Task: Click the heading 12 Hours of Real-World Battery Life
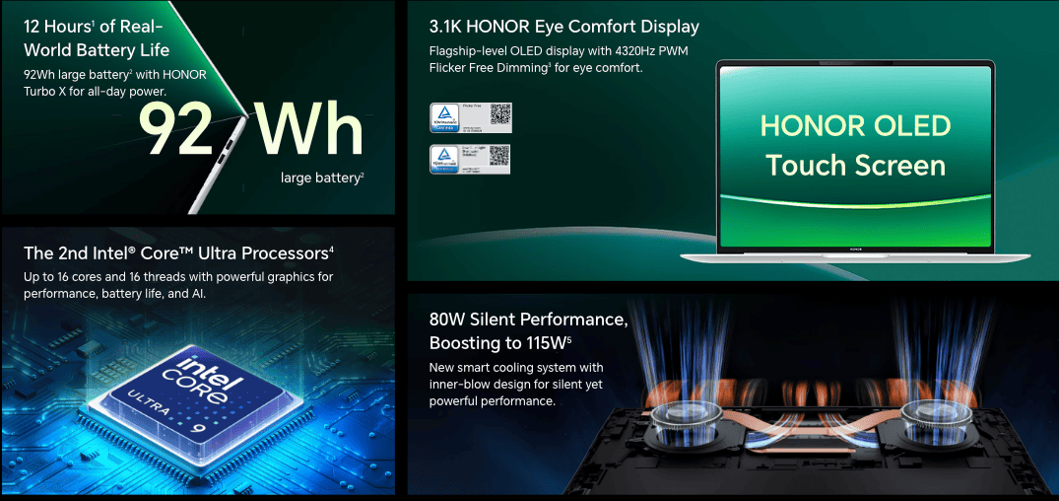97,37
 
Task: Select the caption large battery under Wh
322,178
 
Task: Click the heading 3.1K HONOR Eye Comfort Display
564,27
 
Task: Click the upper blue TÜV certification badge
443,117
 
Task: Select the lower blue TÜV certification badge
443,159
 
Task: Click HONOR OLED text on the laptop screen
855,126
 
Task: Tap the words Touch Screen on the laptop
855,165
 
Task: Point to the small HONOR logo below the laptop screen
855,250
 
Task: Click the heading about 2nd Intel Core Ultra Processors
178,253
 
